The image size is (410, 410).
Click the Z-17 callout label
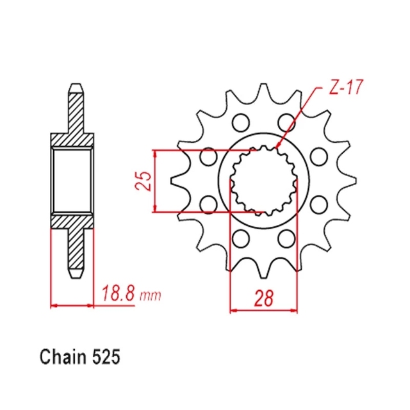[x=346, y=87]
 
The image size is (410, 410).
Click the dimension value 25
[x=143, y=181]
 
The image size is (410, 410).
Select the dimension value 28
[x=264, y=298]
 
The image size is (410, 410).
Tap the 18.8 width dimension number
[x=119, y=293]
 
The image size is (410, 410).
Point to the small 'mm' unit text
[x=151, y=296]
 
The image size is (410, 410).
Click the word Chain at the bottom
[x=63, y=356]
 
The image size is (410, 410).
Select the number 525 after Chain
[x=106, y=357]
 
